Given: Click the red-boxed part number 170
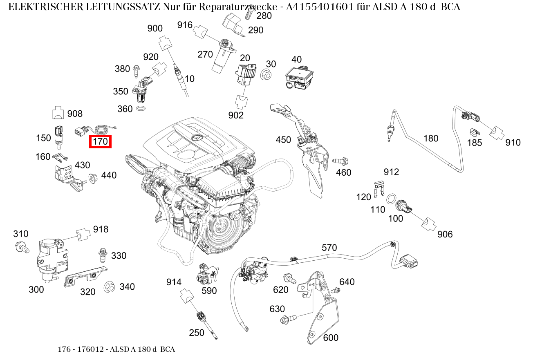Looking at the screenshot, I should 101,142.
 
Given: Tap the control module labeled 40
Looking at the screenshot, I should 299,77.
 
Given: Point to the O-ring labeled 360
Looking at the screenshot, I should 141,109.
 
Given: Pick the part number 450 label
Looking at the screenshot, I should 283,140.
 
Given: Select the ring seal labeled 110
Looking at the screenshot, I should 391,199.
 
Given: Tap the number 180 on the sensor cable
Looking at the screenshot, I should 430,139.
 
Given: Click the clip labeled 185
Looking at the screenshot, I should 474,133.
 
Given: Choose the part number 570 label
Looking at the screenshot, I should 329,248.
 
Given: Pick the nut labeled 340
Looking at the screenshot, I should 109,287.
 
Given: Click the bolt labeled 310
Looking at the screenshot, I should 22,246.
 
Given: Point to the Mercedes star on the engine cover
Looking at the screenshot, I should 197,138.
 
